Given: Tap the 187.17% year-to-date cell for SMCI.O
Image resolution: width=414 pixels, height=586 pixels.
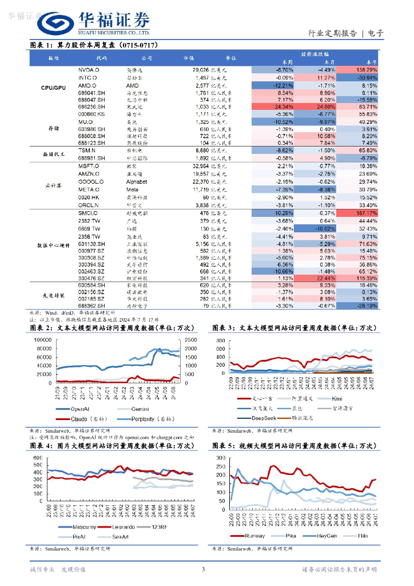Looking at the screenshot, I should [362, 213].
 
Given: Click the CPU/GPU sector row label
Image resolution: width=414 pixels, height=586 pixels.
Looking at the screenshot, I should [53, 88].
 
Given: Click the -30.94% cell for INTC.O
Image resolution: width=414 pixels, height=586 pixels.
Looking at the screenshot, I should [362, 77].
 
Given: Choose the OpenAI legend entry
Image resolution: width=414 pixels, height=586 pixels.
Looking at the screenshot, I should [91, 409].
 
